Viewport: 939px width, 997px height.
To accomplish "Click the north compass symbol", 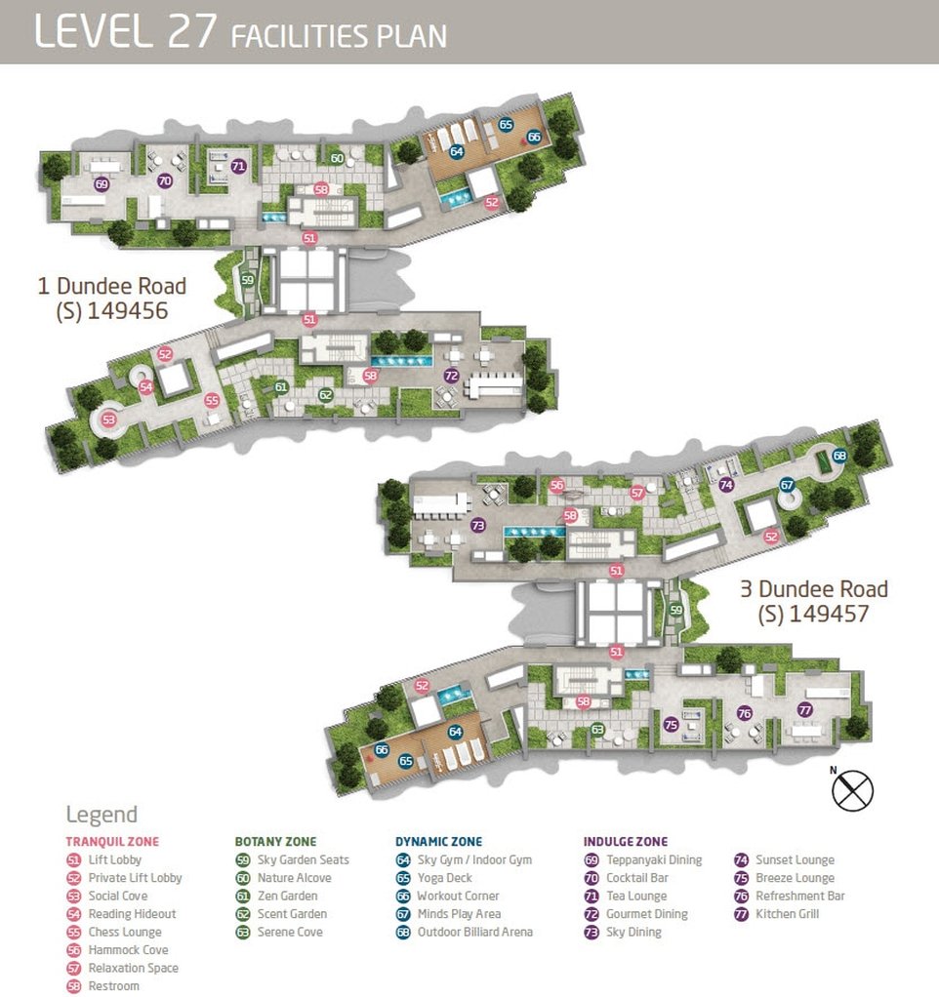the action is [x=852, y=790].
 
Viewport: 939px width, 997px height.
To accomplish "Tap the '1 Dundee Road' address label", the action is [x=112, y=299].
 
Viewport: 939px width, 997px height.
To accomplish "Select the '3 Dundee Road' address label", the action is [x=814, y=601].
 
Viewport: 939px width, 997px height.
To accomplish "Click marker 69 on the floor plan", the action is [x=102, y=184].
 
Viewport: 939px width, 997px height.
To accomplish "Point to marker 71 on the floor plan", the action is [x=238, y=167].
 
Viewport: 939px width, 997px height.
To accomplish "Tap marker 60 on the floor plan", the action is [x=337, y=158].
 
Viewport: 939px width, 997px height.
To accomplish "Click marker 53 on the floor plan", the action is [x=108, y=419].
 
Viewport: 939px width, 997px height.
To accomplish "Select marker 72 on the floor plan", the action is [x=451, y=376].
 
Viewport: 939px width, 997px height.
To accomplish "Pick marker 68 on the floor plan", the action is [x=839, y=456].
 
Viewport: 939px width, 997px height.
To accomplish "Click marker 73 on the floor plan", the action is [x=477, y=525].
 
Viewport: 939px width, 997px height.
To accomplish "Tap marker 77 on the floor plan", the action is [x=804, y=709].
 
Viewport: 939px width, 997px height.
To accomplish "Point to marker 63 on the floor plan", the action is [x=597, y=730].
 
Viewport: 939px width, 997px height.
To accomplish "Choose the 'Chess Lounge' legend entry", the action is [x=114, y=933].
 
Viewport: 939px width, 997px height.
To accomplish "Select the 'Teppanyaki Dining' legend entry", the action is [x=642, y=859].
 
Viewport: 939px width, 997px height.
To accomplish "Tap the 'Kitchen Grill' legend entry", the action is [x=776, y=914].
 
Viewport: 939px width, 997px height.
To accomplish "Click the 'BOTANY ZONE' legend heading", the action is [x=275, y=841].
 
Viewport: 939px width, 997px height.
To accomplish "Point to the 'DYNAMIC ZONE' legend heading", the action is [x=439, y=841].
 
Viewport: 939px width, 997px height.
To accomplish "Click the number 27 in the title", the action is [x=191, y=31].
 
